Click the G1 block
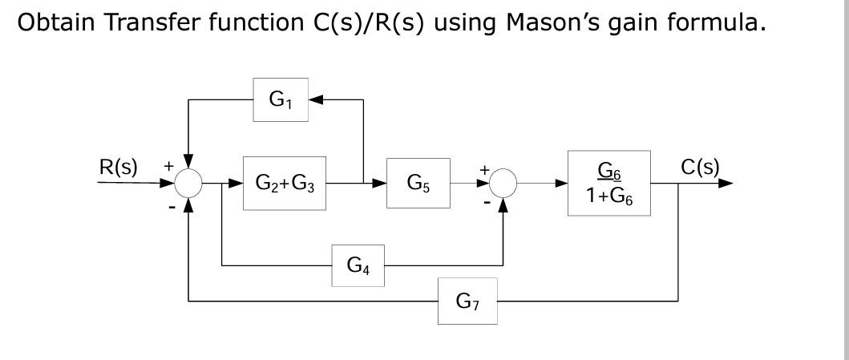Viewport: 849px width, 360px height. (281, 100)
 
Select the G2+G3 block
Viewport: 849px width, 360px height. (285, 184)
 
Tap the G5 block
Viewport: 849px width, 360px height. (418, 184)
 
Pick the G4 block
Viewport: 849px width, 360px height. (358, 266)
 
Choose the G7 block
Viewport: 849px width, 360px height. (467, 301)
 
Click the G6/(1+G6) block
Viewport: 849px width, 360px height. (608, 184)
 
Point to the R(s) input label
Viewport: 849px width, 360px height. (118, 168)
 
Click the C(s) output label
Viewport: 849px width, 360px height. (700, 168)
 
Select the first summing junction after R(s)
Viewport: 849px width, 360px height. (188, 184)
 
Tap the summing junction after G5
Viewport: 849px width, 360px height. (503, 184)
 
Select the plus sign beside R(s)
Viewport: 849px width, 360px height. (168, 166)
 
